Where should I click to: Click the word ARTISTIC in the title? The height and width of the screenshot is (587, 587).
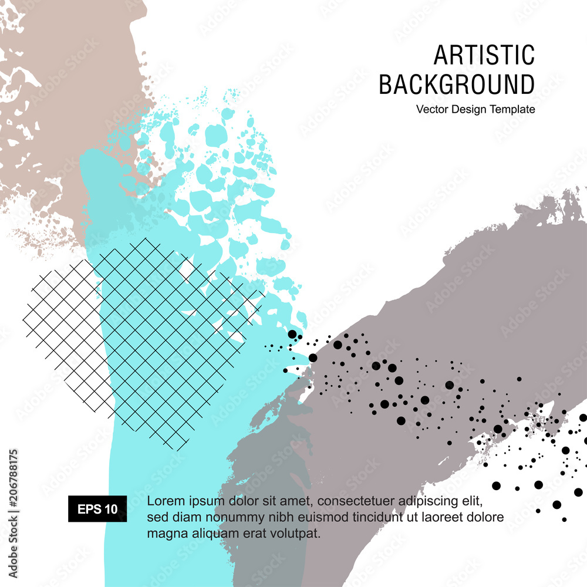[484, 55]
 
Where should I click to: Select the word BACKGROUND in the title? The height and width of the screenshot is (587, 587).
[457, 85]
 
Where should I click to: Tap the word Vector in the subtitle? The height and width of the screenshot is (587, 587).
[432, 109]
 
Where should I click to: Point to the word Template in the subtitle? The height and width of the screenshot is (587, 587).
[514, 109]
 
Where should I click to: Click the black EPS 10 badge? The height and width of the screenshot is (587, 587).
[97, 509]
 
